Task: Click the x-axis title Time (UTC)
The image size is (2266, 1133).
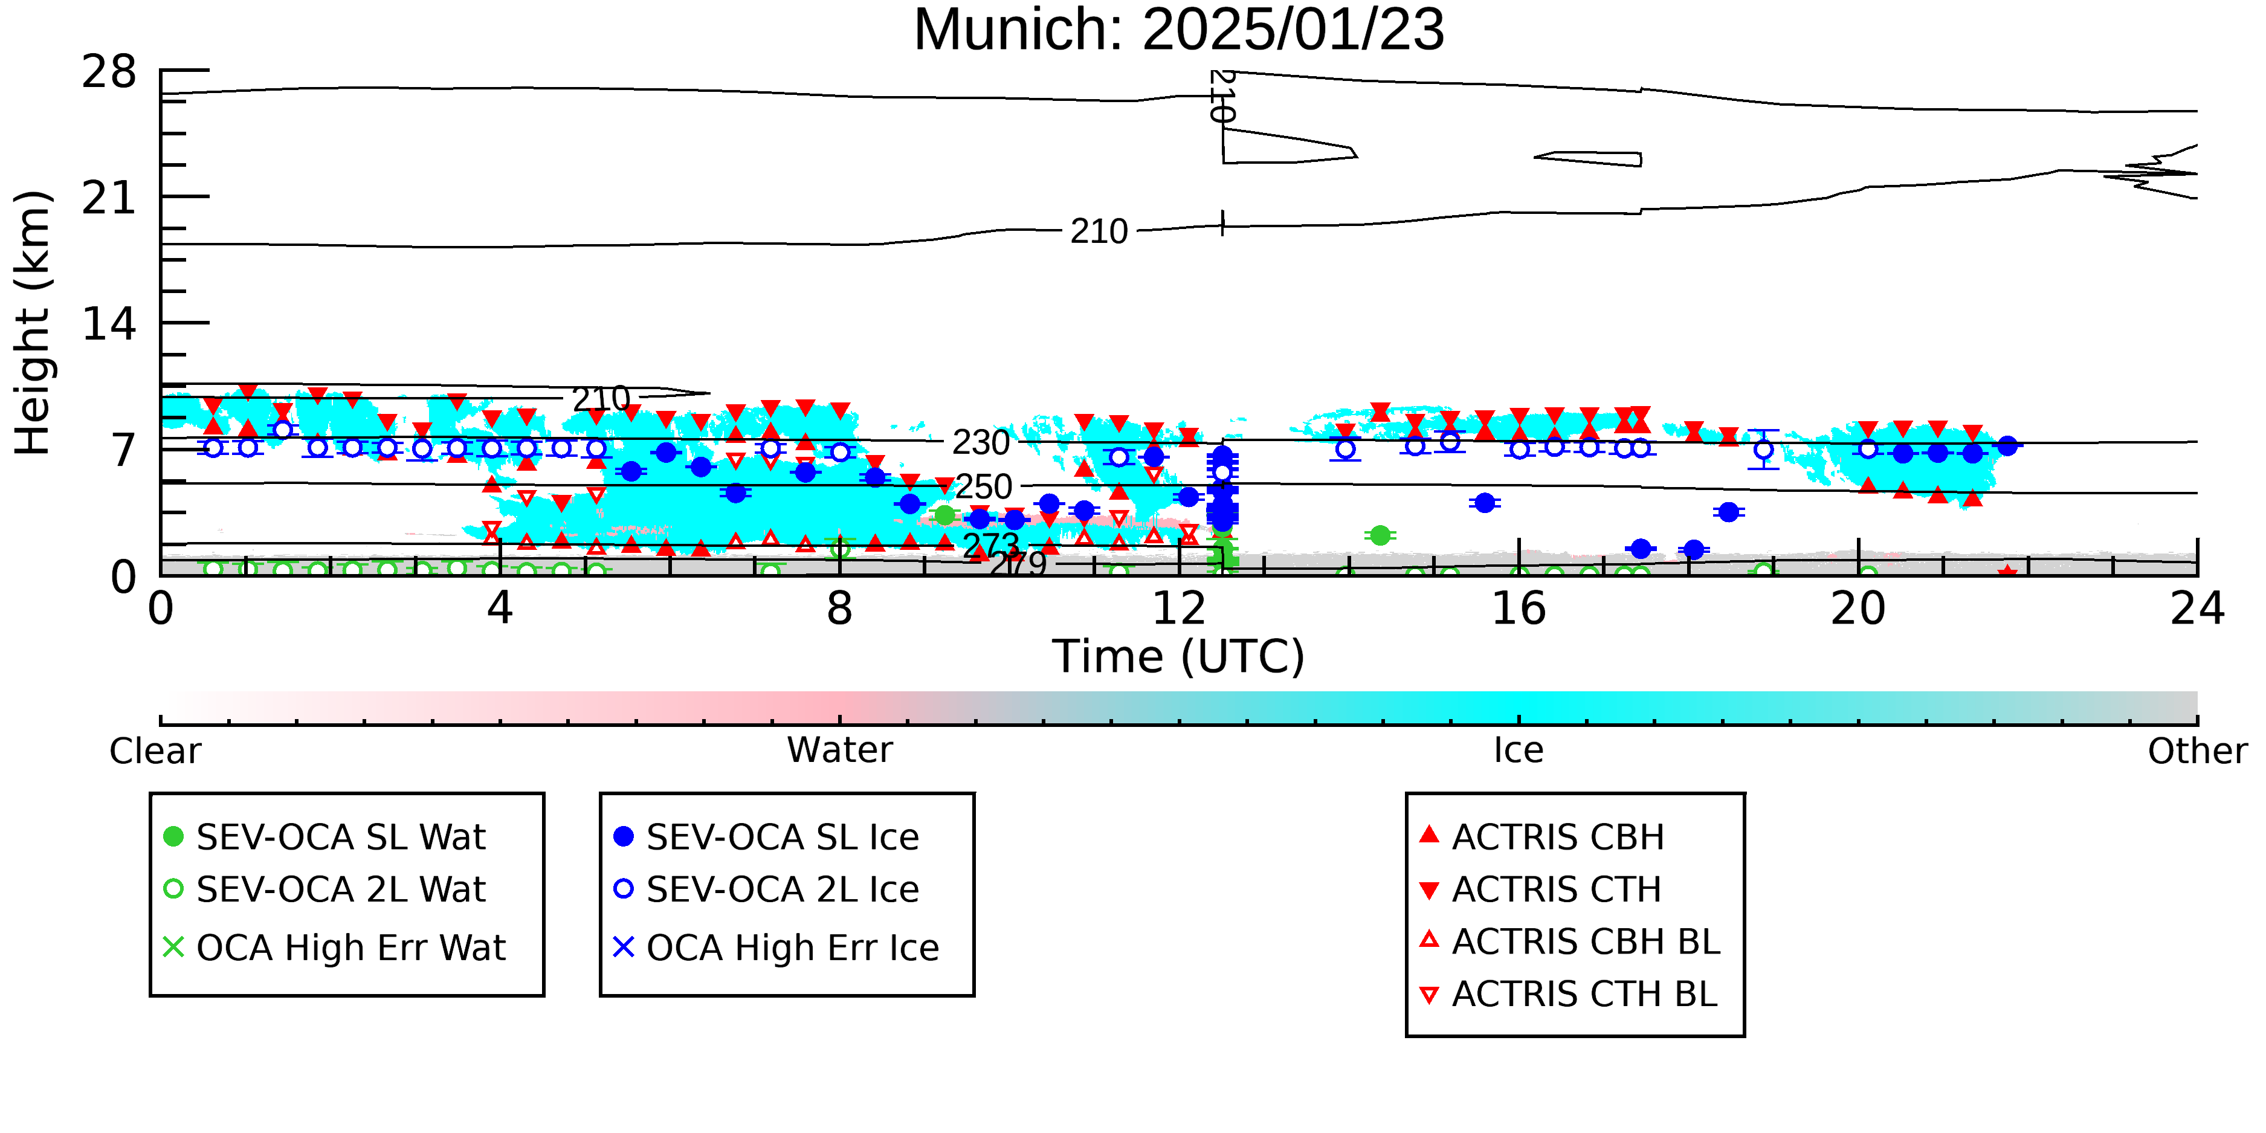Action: [x=1179, y=656]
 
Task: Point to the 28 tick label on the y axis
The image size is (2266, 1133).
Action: [x=109, y=71]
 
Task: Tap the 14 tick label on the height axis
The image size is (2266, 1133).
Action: [x=109, y=324]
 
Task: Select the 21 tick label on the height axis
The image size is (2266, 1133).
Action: [x=109, y=198]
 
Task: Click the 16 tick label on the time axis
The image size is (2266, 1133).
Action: [x=1519, y=608]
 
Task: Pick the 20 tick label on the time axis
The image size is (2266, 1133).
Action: [x=1858, y=608]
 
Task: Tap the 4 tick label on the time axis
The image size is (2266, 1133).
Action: [x=500, y=608]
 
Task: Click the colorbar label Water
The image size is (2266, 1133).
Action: [x=840, y=750]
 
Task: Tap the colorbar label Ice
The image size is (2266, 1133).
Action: [x=1519, y=750]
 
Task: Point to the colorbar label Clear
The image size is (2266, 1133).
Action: [x=155, y=751]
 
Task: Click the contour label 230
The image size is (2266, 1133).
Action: [x=981, y=442]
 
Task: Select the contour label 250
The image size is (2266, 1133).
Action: [x=984, y=486]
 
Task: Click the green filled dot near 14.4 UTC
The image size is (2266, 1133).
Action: [x=1380, y=535]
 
